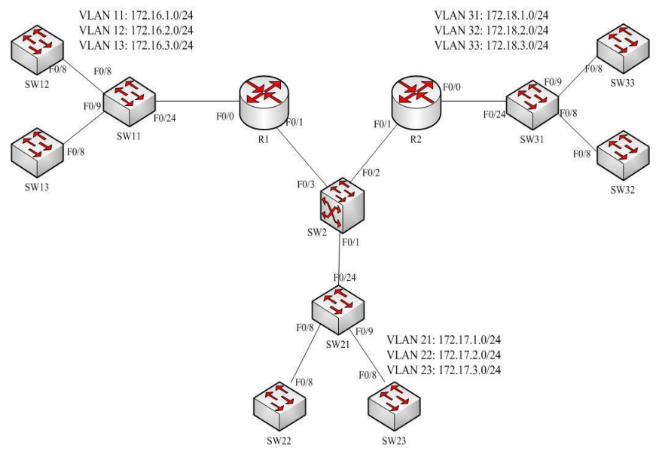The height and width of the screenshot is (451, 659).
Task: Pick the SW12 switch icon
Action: point(36,50)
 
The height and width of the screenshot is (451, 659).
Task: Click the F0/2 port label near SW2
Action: point(371,173)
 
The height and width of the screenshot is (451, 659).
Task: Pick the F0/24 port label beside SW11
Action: point(165,117)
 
